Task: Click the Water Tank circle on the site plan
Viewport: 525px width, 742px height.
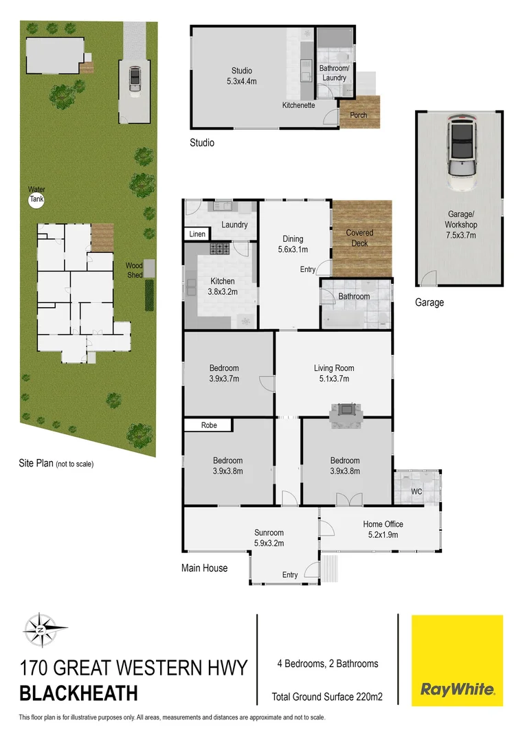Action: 35,201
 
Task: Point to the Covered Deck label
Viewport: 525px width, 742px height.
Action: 359,238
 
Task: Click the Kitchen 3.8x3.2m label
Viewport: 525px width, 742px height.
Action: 222,286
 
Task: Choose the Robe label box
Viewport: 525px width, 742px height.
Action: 209,425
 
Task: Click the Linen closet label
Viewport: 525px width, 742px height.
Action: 198,234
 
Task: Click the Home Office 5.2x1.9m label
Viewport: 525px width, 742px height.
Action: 383,529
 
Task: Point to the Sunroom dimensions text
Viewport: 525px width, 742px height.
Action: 269,543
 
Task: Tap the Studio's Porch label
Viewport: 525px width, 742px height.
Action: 358,115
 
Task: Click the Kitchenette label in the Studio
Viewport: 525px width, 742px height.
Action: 299,106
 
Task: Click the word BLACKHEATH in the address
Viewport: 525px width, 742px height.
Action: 78,693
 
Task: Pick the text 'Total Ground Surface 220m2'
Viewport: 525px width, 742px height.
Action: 327,697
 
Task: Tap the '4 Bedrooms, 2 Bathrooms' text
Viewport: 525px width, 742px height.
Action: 326,664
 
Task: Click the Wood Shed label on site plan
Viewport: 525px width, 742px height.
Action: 134,270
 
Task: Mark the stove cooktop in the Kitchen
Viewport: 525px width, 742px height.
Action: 219,249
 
